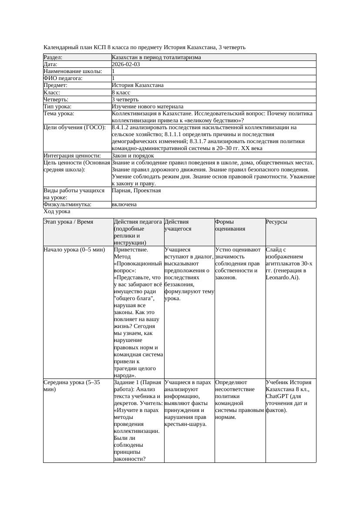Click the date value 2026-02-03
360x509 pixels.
[126, 64]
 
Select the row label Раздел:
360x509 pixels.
[53, 57]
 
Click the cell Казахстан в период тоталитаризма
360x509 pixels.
[156, 57]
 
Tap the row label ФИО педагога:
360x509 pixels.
[63, 78]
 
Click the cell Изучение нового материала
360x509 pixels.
[148, 107]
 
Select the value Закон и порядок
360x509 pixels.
[133, 156]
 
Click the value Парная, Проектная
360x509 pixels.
[136, 191]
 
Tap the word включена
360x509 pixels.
[124, 204]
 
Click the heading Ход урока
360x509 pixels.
[57, 211]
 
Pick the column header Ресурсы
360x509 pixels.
[276, 222]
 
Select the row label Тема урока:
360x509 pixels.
[59, 114]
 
